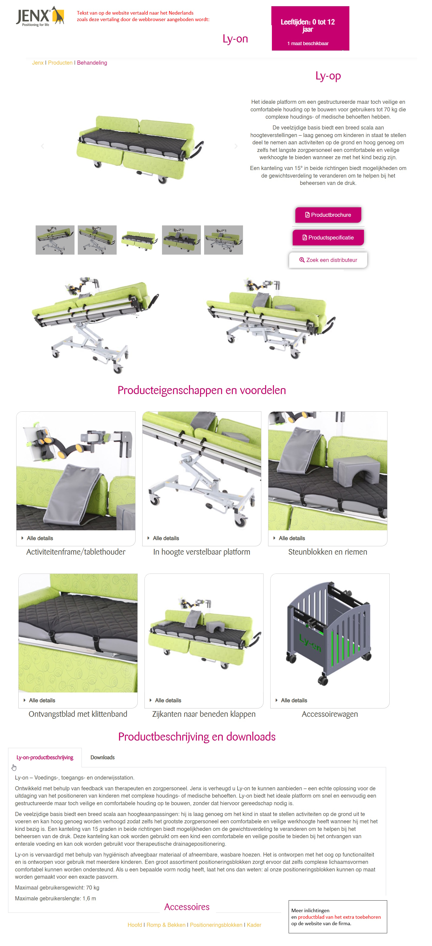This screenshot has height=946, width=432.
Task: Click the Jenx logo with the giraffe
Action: click(x=40, y=16)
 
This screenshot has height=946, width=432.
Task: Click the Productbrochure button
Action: click(x=328, y=215)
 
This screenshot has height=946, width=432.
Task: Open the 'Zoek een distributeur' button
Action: click(x=328, y=260)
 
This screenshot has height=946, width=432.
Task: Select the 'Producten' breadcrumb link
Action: click(x=60, y=63)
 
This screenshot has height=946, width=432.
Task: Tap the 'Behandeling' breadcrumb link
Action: click(x=92, y=63)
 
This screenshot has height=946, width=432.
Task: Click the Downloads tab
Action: click(x=102, y=757)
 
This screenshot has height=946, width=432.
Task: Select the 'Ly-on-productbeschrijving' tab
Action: click(x=45, y=757)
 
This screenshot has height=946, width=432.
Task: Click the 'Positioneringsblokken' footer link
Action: click(x=216, y=925)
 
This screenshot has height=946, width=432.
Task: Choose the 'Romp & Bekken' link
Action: click(x=166, y=925)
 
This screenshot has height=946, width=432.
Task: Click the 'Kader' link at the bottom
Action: click(x=254, y=925)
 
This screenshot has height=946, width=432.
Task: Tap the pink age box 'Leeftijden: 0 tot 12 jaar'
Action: click(x=310, y=28)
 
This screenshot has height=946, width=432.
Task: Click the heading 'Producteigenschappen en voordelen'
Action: click(x=201, y=390)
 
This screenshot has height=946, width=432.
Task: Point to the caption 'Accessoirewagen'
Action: click(x=329, y=714)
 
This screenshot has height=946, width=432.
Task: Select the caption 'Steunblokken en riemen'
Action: click(x=327, y=552)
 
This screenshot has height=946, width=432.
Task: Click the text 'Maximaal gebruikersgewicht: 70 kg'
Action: click(x=57, y=888)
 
